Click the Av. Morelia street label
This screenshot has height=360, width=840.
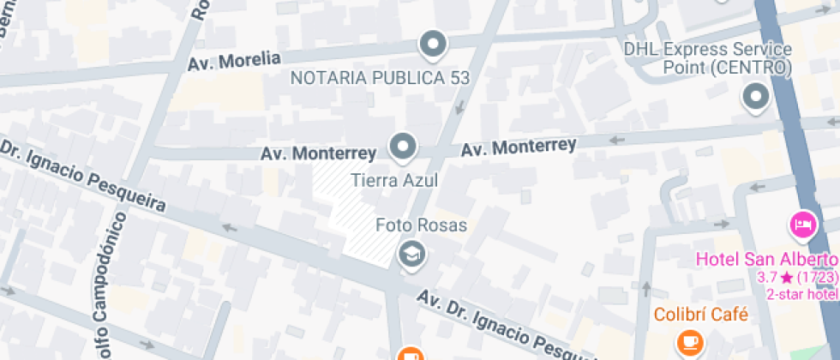pyautogui.click(x=235, y=60)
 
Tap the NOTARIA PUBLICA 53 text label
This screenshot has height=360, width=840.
pyautogui.click(x=380, y=78)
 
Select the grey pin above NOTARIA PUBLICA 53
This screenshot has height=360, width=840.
pyautogui.click(x=433, y=45)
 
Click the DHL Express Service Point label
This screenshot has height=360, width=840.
pyautogui.click(x=707, y=57)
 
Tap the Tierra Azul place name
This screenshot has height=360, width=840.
pyautogui.click(x=395, y=181)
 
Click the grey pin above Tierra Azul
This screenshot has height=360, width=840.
pyautogui.click(x=402, y=147)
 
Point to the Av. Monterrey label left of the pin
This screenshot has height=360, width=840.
pyautogui.click(x=318, y=153)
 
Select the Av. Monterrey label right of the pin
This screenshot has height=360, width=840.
pyautogui.click(x=518, y=147)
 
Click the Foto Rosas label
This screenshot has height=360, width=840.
pyautogui.click(x=422, y=225)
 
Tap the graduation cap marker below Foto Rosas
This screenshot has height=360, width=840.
pyautogui.click(x=412, y=254)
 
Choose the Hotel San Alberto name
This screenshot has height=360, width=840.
pyautogui.click(x=765, y=260)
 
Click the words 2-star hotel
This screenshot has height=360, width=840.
pyautogui.click(x=801, y=295)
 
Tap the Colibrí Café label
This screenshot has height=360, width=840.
pyautogui.click(x=701, y=315)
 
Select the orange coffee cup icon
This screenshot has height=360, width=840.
pyautogui.click(x=687, y=343)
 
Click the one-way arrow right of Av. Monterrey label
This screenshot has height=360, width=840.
pyautogui.click(x=616, y=140)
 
